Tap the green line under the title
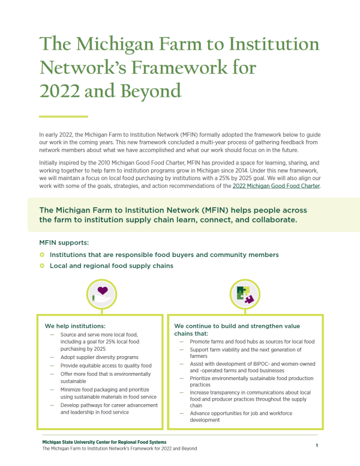point(63,116)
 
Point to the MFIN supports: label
point(64,243)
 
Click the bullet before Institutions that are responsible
point(42,255)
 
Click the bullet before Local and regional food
point(42,265)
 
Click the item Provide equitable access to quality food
point(106,365)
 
